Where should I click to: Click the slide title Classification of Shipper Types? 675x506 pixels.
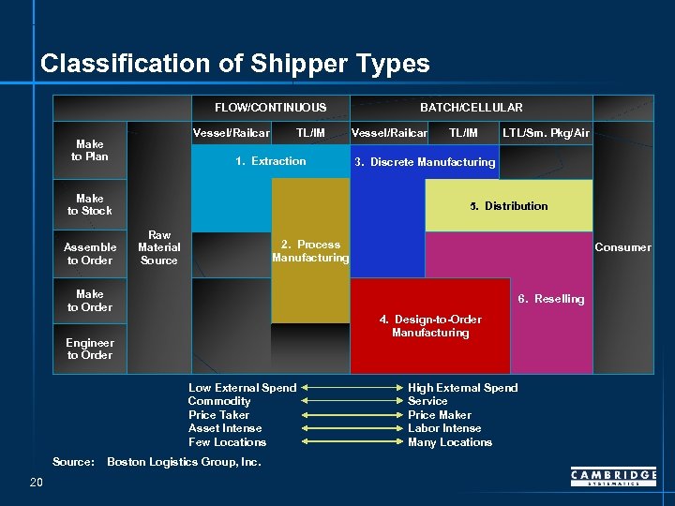(234, 64)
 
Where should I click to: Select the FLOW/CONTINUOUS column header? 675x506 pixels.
(270, 108)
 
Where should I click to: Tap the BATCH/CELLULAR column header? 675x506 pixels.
(471, 108)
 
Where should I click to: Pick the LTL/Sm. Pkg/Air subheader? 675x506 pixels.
(546, 133)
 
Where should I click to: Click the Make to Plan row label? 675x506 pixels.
(90, 150)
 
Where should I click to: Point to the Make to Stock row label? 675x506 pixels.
(90, 204)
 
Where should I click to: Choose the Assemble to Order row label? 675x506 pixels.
(90, 253)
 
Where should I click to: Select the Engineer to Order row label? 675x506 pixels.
(90, 349)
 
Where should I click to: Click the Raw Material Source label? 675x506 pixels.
(159, 247)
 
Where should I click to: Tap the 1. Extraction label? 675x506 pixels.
(271, 161)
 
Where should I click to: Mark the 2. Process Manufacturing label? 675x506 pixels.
(310, 251)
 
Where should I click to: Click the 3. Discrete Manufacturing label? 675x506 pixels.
(425, 162)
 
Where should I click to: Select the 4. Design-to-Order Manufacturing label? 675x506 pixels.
(430, 326)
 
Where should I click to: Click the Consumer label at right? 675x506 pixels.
(622, 247)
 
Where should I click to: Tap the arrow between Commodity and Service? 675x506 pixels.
(352, 401)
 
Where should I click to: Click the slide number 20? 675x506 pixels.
(37, 482)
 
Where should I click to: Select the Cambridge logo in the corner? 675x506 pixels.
(613, 478)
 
